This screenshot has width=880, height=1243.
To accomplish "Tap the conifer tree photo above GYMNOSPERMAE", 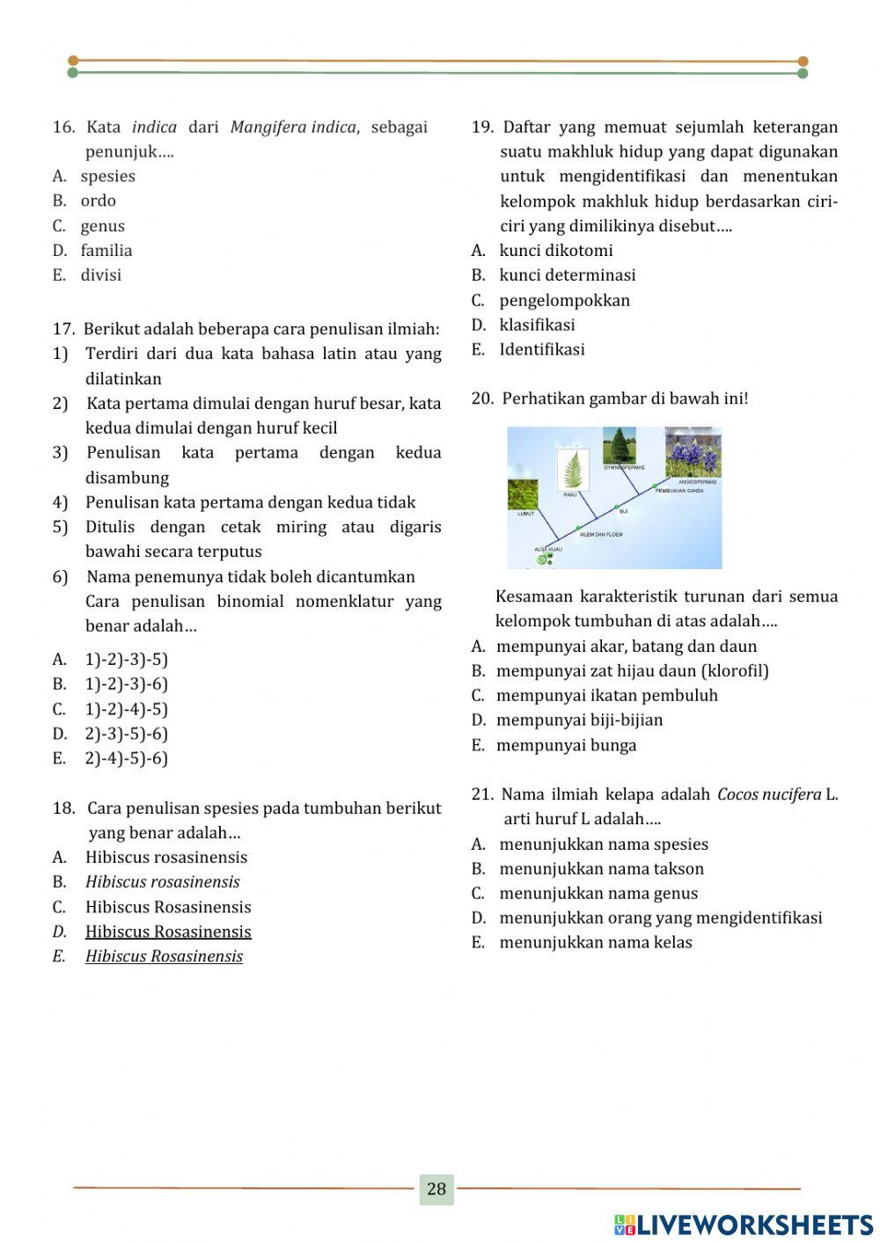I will coord(620,445).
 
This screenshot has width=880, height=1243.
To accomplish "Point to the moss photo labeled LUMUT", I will coord(525,493).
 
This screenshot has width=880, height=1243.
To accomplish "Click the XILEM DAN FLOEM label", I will coord(601,534).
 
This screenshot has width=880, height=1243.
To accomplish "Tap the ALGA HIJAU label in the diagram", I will coord(547,549).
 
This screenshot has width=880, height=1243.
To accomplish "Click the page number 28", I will coord(436,1189).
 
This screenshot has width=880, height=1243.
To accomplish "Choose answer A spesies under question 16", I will coord(107,176).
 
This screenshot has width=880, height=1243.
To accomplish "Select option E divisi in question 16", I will coord(100,275).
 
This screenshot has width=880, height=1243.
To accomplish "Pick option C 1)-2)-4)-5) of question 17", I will coord(126,709).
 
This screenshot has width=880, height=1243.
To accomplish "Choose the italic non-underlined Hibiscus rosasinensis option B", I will coord(162,881).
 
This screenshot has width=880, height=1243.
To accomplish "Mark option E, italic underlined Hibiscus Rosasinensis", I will coord(164,956).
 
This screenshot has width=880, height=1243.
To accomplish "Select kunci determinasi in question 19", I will coord(567,275).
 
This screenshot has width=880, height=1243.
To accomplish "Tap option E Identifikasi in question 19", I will coord(541,349).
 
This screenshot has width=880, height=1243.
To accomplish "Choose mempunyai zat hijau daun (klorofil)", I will coord(632,671).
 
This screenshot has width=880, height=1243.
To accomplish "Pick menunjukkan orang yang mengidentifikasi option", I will coord(660,918).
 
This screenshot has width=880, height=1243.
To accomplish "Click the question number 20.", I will coord(482,398).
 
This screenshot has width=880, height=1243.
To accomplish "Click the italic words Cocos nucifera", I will coord(768,794).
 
